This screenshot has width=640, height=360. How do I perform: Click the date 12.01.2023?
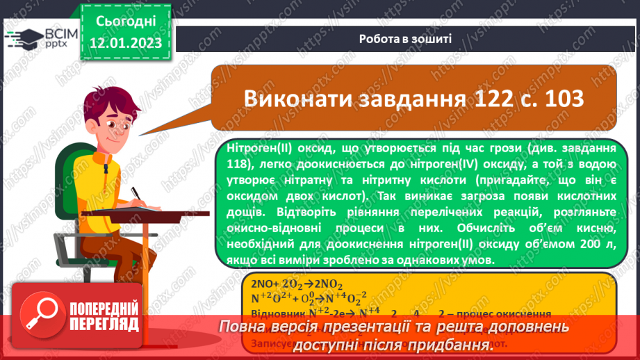point(125,43)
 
